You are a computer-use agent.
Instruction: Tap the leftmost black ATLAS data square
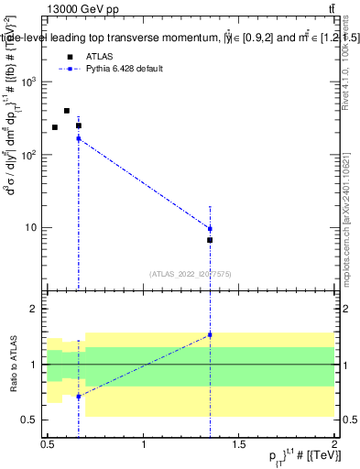tap(55, 127)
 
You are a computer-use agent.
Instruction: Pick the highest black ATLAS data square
tap(67, 111)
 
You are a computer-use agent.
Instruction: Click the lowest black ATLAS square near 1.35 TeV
tap(210, 240)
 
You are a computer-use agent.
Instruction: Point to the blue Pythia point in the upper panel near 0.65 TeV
tap(79, 138)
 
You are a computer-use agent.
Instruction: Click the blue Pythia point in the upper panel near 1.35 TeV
tap(210, 229)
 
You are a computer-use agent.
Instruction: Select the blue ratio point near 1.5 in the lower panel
tap(210, 334)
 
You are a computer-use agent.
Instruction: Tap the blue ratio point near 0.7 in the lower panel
tap(79, 397)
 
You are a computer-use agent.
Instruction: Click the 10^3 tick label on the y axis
tap(29, 82)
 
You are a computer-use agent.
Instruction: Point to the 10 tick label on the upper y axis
tap(31, 227)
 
